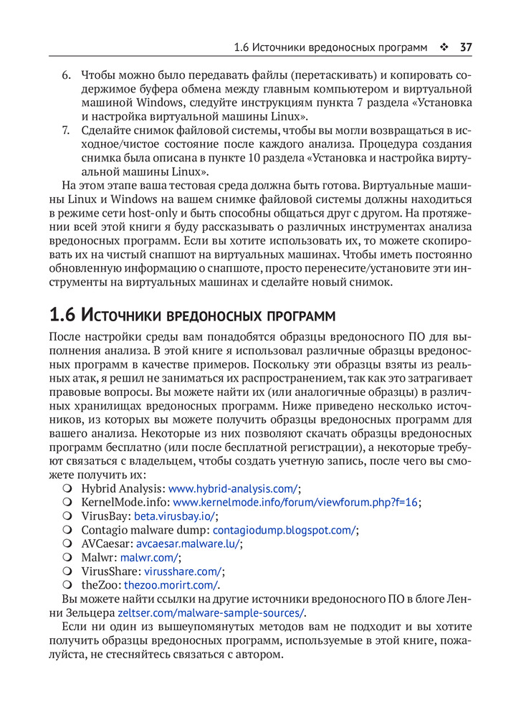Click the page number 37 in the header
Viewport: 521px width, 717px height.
pos(465,48)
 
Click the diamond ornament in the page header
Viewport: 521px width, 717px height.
pos(444,48)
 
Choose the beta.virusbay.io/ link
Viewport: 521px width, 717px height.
pos(175,516)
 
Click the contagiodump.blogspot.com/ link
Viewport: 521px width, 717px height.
pos(284,530)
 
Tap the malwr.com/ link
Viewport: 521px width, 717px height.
pos(149,557)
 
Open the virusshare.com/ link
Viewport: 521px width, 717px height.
pos(183,571)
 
